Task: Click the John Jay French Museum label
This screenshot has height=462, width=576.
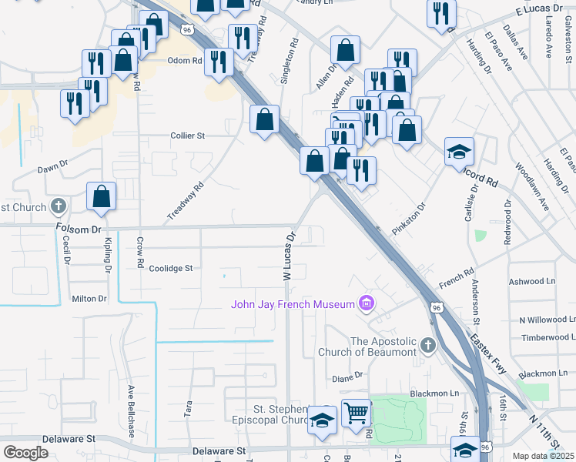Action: [x=293, y=304]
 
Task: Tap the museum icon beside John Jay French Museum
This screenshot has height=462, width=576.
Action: [x=366, y=304]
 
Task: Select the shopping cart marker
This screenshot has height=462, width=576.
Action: [x=356, y=414]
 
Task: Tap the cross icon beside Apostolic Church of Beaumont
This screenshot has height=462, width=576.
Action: [x=428, y=346]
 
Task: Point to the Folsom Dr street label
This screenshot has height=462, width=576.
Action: [x=78, y=229]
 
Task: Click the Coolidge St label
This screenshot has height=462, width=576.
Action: [x=170, y=269]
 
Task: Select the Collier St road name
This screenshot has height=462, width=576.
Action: [x=187, y=136]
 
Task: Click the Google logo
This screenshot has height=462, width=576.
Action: [x=25, y=453]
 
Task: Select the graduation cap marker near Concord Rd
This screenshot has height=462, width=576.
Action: [x=459, y=152]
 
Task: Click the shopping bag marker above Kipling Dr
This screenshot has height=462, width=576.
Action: [x=101, y=197]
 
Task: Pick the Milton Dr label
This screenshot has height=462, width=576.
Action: [x=89, y=299]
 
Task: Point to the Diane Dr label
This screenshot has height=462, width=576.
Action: [x=347, y=377]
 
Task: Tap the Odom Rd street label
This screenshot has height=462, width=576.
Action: [x=186, y=60]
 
